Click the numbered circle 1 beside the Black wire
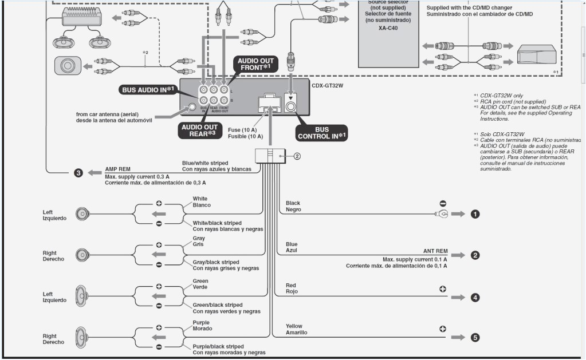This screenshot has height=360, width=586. point(474,214)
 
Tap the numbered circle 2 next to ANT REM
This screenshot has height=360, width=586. point(474,255)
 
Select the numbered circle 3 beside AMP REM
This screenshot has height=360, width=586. point(78,172)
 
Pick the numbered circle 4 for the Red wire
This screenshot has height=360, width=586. point(474,298)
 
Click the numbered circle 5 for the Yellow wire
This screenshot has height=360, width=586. point(474,337)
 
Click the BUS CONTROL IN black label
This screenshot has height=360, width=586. point(321,133)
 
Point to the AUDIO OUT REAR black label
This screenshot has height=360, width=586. point(199,130)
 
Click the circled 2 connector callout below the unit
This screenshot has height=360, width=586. point(297,156)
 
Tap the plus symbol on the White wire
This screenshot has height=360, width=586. point(159,204)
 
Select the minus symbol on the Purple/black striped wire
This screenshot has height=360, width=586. point(159,347)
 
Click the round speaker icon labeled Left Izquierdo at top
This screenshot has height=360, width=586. point(84,214)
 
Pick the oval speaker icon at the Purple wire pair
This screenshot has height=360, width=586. point(80,337)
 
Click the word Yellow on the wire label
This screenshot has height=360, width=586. point(294,326)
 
